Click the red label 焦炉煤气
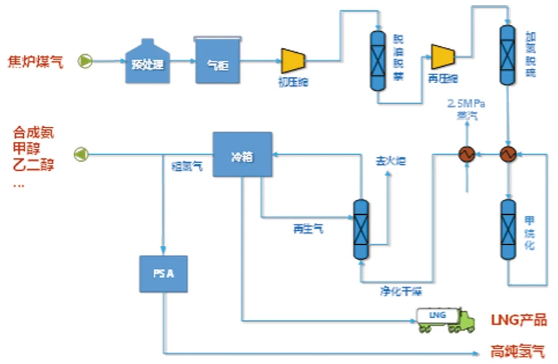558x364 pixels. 35,61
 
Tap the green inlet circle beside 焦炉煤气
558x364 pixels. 86,62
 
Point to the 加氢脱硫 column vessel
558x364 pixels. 508,55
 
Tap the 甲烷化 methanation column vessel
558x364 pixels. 508,230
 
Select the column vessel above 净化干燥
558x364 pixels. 361,230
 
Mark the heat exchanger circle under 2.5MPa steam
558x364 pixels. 467,154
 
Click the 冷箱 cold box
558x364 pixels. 242,155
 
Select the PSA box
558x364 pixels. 164,273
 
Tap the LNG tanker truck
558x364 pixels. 445,319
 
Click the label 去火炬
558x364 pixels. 390,160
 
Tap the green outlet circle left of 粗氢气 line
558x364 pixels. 80,154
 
